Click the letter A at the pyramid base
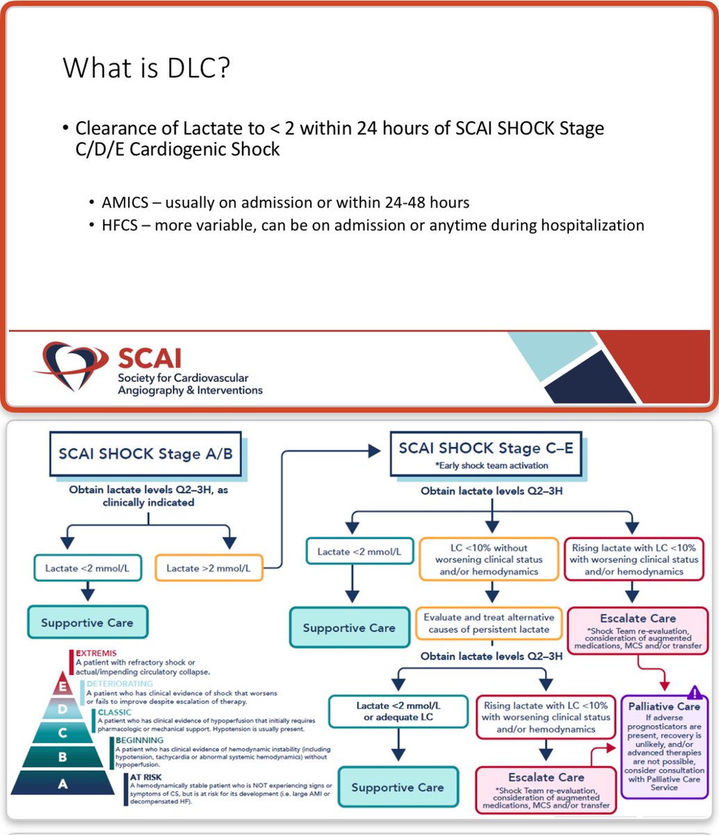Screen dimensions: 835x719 click(63, 783)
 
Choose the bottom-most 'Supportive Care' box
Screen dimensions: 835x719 click(398, 787)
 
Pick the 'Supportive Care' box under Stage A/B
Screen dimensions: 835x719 click(87, 622)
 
